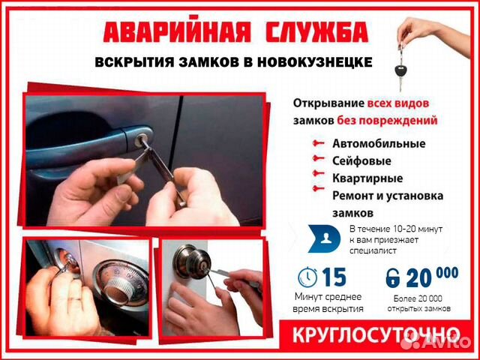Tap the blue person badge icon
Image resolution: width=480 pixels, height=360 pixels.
tap(324, 238)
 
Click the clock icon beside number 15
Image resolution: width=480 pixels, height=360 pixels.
tap(307, 277)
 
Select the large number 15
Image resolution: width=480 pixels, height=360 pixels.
tap(334, 277)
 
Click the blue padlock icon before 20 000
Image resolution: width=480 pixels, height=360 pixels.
tap(392, 279)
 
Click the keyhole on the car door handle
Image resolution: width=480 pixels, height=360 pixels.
tap(144, 139)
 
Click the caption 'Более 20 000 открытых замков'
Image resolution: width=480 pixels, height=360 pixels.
tap(421, 303)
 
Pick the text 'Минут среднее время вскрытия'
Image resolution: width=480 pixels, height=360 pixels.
tap(328, 303)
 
